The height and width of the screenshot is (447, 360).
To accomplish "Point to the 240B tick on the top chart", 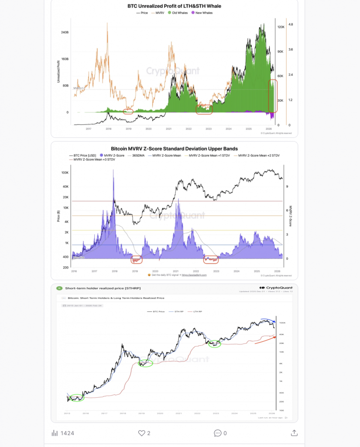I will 65,32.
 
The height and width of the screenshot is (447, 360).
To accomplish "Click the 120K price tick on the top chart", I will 281,27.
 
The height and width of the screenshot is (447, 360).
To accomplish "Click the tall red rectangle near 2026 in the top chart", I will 272,96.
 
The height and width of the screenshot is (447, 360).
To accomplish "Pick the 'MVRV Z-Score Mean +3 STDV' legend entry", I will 94,160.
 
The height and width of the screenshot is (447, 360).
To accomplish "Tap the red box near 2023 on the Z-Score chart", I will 212,259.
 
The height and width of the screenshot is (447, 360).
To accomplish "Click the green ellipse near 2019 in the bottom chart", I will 146,363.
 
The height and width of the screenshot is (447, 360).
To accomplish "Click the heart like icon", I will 141,433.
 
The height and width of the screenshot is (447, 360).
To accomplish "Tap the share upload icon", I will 294,433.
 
